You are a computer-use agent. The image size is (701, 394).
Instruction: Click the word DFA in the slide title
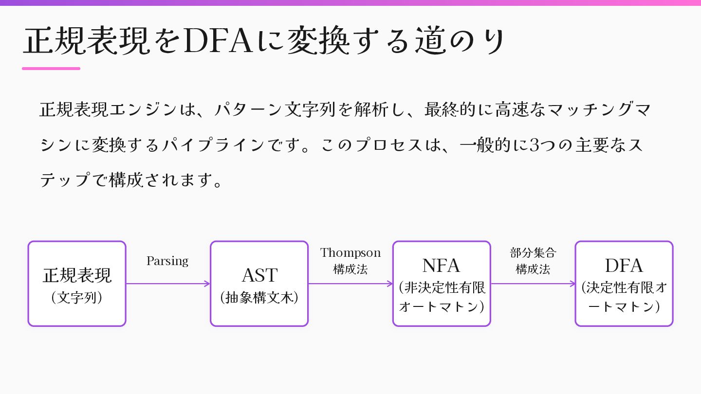pos(219,41)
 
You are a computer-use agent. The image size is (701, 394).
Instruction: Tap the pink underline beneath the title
pos(51,69)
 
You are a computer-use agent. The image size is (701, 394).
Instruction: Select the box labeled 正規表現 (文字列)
pos(77,284)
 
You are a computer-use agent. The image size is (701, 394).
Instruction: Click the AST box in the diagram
pos(259,284)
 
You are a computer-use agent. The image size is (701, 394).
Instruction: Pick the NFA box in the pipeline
pos(442,284)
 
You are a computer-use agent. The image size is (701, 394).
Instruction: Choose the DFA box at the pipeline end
pos(624,284)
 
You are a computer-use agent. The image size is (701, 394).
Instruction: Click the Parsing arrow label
pos(167,261)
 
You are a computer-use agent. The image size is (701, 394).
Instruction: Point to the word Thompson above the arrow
pos(350,253)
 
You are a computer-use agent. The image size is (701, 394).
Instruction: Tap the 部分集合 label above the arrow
pos(533,253)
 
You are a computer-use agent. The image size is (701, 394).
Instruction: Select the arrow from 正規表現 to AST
pos(168,284)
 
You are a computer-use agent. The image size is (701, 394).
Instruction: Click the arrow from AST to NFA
pos(350,284)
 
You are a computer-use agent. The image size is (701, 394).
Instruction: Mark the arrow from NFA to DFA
pos(533,284)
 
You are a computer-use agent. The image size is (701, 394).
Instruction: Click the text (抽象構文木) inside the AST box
pos(259,298)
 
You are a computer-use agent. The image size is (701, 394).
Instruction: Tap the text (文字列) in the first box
pos(77,298)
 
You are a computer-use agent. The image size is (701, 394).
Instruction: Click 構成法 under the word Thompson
pos(350,269)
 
